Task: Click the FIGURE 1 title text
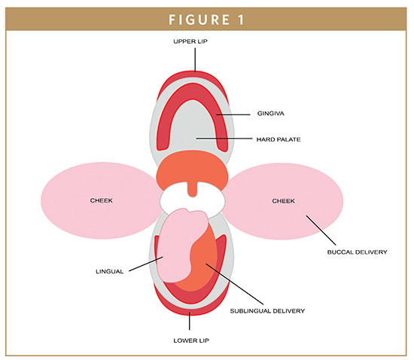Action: tap(206, 20)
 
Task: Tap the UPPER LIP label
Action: tap(190, 41)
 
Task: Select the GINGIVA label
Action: tap(271, 114)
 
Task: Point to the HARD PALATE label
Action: tap(279, 139)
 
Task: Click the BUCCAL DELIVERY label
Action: tap(358, 252)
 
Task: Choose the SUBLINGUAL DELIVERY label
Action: tap(267, 311)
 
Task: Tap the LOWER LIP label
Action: tap(191, 340)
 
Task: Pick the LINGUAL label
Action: tap(110, 272)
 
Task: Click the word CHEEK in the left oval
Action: tap(102, 201)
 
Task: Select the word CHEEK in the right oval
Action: tap(283, 201)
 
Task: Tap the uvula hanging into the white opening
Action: tap(193, 189)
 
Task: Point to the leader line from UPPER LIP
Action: tap(195, 59)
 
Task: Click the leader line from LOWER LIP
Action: tap(189, 321)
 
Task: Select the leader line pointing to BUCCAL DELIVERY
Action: tap(321, 230)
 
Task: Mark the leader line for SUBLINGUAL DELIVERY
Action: tap(234, 284)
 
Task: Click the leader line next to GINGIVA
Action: tap(233, 114)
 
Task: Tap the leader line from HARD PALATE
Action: tap(224, 139)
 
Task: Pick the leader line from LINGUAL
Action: tap(146, 264)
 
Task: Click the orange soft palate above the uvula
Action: tap(192, 169)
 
